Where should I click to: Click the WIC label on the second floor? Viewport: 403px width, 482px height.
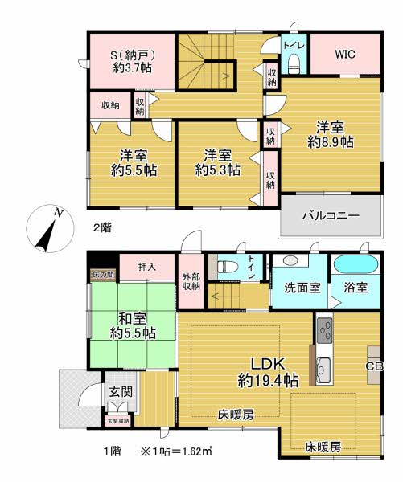click(x=345, y=54)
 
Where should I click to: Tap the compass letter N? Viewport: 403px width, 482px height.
click(x=58, y=212)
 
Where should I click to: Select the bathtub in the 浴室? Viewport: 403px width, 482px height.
click(x=356, y=264)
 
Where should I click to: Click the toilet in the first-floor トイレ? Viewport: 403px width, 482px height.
click(x=227, y=266)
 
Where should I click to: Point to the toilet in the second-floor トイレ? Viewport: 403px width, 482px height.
click(x=294, y=63)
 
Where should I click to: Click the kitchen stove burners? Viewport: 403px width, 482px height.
click(x=324, y=330)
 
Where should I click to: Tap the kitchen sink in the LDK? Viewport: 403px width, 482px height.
click(x=323, y=370)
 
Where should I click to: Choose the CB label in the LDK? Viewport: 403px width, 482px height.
click(x=374, y=366)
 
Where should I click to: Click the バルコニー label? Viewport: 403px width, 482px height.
click(x=331, y=215)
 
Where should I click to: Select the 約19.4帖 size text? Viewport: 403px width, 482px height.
click(x=268, y=381)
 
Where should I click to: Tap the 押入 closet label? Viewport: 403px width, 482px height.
click(x=147, y=267)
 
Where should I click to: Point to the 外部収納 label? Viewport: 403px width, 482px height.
click(x=191, y=281)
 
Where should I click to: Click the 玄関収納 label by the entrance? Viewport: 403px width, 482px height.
click(x=118, y=421)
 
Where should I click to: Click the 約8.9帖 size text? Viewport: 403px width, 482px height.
click(x=331, y=142)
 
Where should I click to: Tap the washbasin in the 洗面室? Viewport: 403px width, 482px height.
click(x=290, y=261)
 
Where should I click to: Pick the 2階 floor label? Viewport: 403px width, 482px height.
click(x=102, y=228)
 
